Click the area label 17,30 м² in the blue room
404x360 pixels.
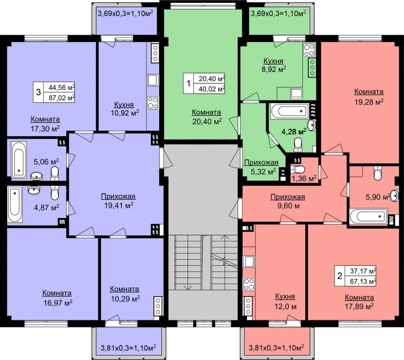45,128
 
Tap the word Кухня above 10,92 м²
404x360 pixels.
124,105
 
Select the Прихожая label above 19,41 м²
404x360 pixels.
118,196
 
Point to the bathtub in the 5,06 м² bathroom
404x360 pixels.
19,159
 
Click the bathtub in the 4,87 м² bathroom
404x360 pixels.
15,205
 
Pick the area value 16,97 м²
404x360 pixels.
58,303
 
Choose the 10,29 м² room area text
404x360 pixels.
126,299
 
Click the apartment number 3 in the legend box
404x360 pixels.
38,92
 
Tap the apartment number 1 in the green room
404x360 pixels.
189,84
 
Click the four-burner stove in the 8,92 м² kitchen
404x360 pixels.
309,50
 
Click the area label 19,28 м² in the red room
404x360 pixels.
369,102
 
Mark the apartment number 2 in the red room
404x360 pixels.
340,276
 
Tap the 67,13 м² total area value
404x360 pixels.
363,281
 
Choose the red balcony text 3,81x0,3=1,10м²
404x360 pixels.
276,348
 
